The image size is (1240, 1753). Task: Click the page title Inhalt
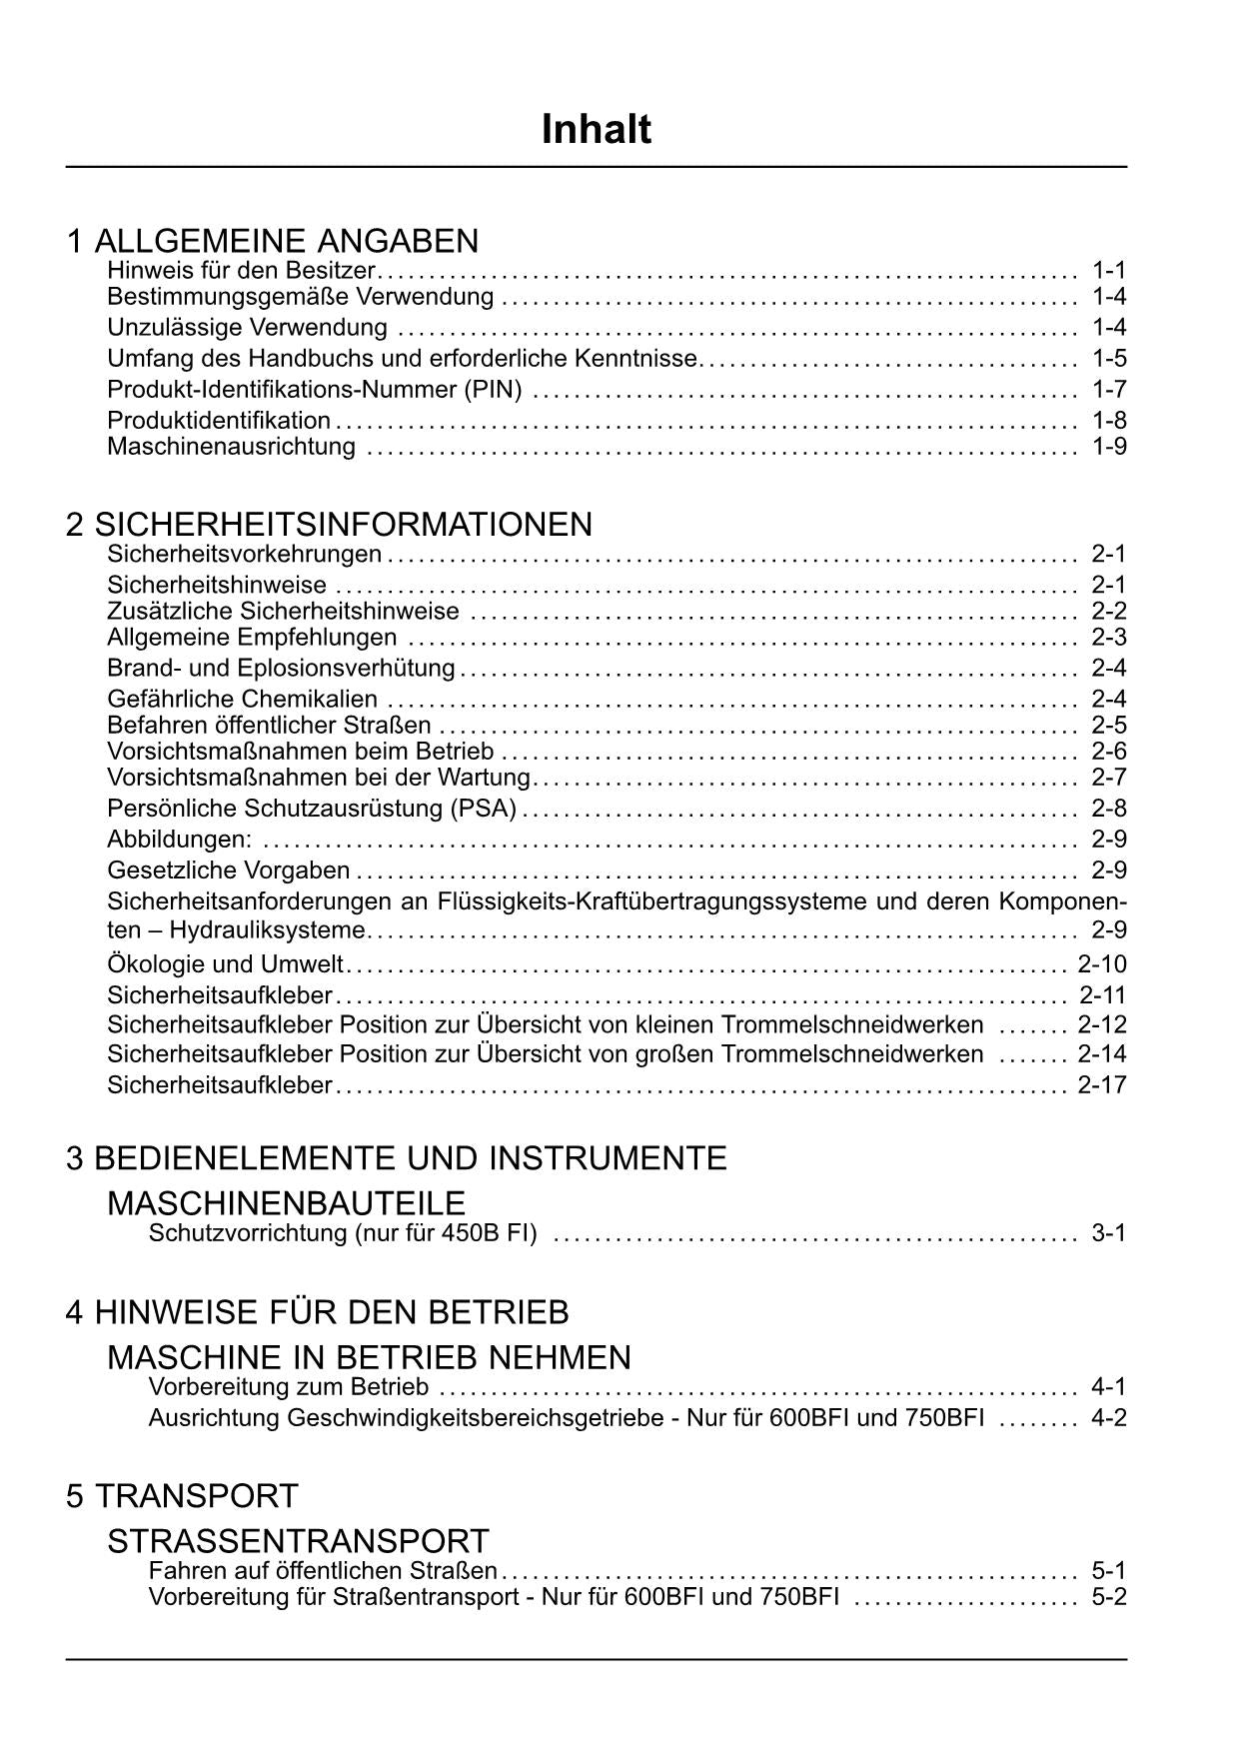tap(597, 130)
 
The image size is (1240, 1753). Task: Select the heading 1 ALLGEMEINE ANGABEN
tap(272, 241)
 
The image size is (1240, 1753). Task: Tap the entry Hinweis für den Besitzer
tap(241, 270)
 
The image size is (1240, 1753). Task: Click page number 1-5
tap(1109, 358)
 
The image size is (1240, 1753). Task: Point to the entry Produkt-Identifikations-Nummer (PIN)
tap(315, 389)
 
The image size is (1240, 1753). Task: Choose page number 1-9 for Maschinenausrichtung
tap(1109, 446)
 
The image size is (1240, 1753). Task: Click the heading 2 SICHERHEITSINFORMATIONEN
tap(329, 525)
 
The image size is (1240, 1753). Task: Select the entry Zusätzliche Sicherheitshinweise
tap(283, 611)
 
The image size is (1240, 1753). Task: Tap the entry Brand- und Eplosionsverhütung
tap(281, 668)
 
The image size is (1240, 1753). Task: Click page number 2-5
tap(1109, 725)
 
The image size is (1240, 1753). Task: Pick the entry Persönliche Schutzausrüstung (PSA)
tap(312, 808)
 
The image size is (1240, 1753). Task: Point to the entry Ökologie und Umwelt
tap(225, 964)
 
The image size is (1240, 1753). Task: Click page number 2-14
tap(1102, 1053)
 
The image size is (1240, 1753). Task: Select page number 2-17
tap(1102, 1084)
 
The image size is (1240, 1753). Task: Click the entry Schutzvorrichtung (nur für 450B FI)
tap(343, 1233)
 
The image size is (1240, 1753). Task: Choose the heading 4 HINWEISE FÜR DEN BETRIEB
tap(317, 1311)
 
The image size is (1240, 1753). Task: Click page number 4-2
tap(1109, 1417)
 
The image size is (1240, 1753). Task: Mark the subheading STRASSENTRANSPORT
tap(298, 1540)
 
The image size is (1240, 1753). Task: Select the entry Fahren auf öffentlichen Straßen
tap(323, 1570)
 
